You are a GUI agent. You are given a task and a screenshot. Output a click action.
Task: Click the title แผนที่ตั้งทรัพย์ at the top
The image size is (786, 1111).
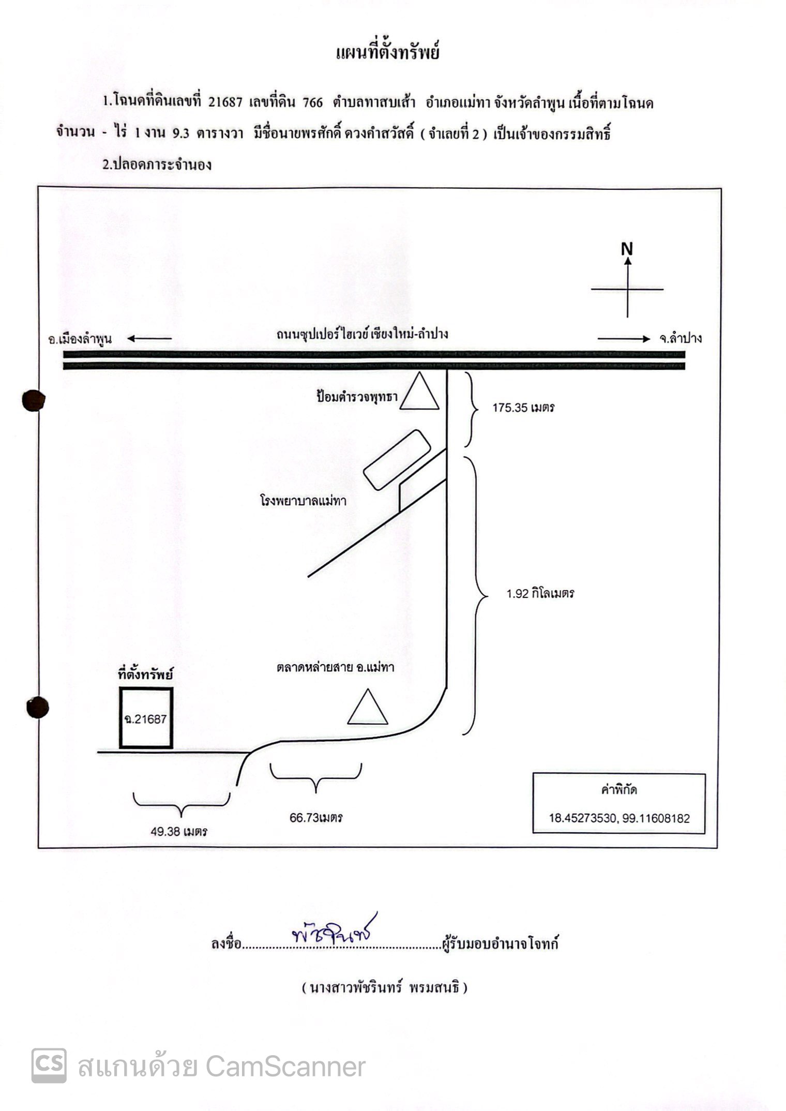click(388, 52)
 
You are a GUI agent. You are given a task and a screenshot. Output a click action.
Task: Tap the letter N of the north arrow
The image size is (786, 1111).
click(627, 249)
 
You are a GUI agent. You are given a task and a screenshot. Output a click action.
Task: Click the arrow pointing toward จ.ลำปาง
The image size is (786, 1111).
click(624, 339)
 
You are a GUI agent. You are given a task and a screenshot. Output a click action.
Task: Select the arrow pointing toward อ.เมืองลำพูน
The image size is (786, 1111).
click(149, 339)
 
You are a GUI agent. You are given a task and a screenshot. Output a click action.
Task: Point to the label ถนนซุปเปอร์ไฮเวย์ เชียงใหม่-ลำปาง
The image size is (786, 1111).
click(362, 334)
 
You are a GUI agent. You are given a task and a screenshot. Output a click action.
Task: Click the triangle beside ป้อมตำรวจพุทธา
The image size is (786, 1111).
click(420, 391)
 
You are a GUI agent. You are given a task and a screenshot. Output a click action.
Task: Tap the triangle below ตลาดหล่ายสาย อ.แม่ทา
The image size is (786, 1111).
click(368, 707)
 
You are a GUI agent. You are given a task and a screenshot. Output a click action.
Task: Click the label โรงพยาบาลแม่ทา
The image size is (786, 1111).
click(303, 501)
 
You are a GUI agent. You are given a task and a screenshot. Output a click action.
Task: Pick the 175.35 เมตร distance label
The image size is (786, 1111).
click(523, 408)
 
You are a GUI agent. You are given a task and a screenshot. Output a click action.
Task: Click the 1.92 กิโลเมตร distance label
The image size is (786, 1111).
click(540, 593)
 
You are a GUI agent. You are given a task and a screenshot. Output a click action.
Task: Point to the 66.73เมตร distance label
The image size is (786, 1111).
click(316, 818)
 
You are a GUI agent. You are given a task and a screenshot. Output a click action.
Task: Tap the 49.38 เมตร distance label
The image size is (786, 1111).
click(179, 831)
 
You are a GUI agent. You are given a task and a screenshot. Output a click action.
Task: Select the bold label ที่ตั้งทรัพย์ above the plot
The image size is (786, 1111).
click(146, 674)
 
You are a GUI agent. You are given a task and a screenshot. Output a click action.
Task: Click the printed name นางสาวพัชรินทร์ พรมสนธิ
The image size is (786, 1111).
click(384, 988)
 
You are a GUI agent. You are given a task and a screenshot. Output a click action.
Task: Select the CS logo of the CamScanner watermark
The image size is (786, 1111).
click(49, 1065)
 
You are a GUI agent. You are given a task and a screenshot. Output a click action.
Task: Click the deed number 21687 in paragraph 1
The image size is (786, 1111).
click(225, 102)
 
